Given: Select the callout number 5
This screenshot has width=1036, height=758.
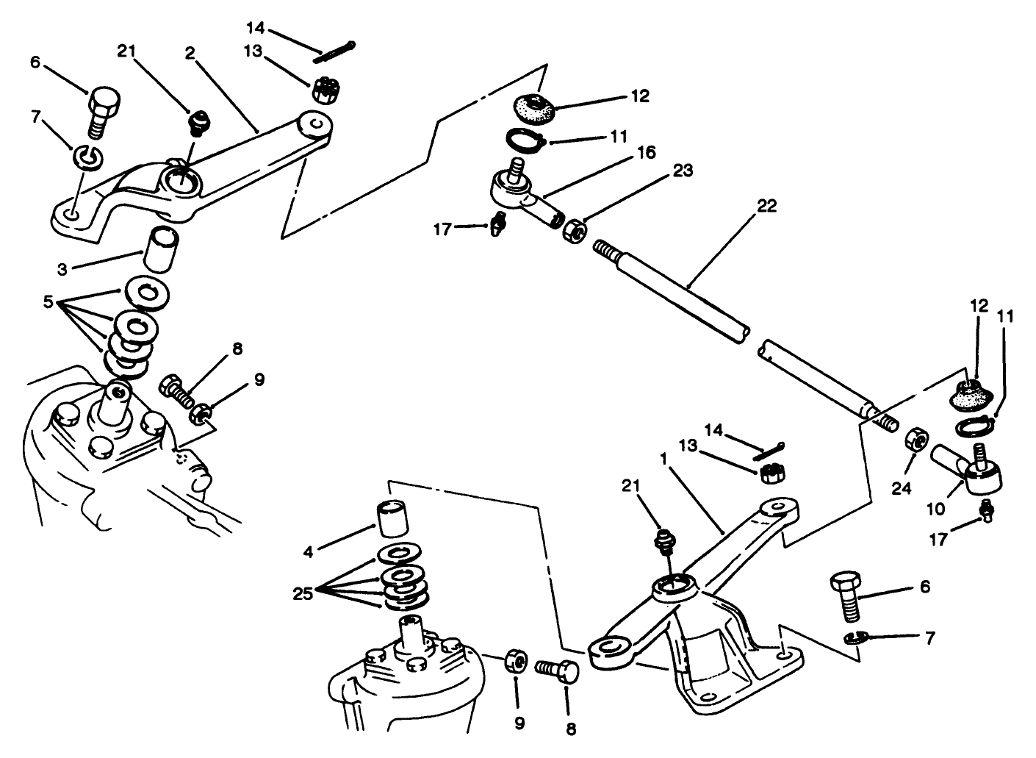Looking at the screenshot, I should pyautogui.click(x=48, y=301).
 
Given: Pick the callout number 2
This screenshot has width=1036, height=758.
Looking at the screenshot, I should pyautogui.click(x=190, y=53).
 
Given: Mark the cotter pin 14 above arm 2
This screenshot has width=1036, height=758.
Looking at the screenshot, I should pyautogui.click(x=335, y=50).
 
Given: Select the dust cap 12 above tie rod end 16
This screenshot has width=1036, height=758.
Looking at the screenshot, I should pyautogui.click(x=535, y=109).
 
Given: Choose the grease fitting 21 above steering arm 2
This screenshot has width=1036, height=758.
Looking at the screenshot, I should pyautogui.click(x=196, y=121).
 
